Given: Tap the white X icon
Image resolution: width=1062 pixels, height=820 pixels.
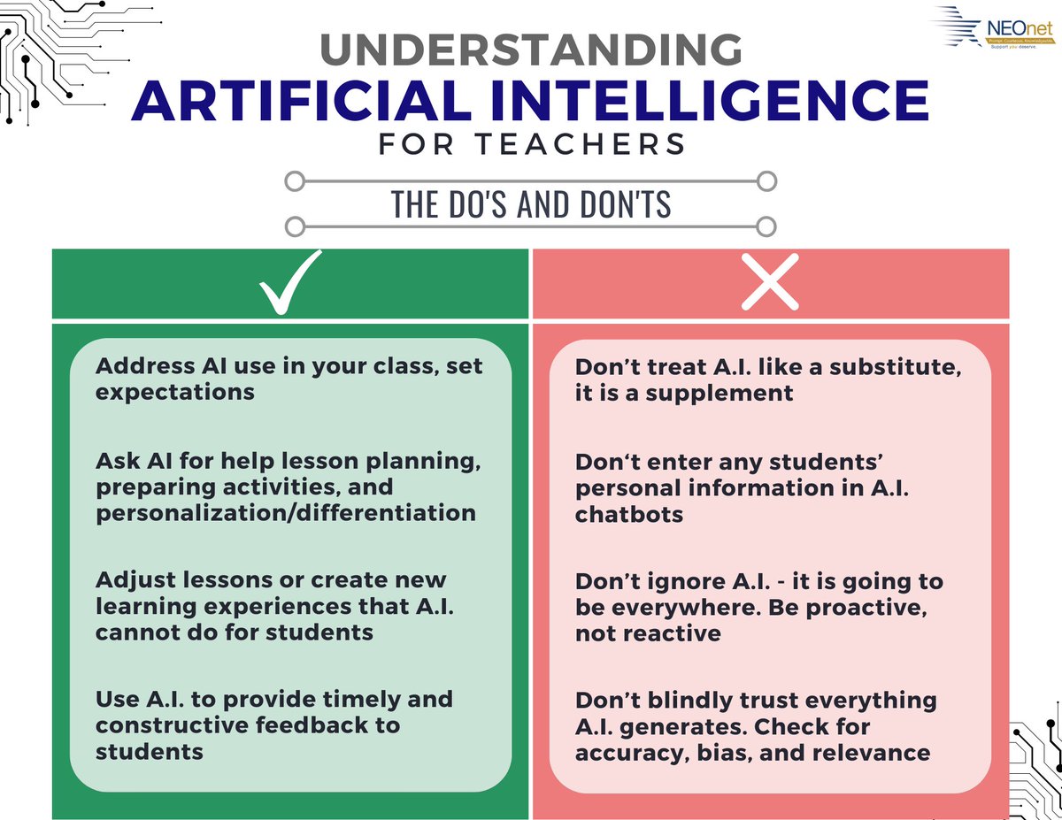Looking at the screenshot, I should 770,283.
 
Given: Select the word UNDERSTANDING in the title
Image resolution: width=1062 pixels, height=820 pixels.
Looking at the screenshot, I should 531,50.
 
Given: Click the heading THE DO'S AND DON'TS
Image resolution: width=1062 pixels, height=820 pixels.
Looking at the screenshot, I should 531,204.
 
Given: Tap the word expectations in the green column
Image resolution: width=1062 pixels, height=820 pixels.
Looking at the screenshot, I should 175,391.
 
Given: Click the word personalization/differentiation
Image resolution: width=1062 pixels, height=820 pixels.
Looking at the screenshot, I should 286,513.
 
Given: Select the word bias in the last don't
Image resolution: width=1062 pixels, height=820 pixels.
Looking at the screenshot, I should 712,753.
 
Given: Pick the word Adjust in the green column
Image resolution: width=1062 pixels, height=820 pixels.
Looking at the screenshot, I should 134,580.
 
